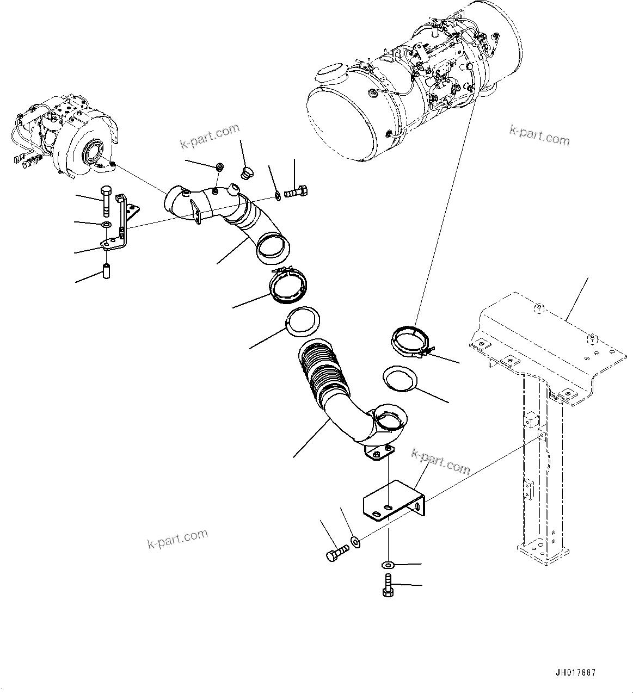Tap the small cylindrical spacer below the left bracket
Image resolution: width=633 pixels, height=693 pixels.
coord(107,270)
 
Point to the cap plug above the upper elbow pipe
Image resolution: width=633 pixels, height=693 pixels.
coord(245,173)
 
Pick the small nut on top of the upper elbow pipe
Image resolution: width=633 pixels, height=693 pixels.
coord(219,166)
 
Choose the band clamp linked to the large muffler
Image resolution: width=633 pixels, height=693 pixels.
coord(412,341)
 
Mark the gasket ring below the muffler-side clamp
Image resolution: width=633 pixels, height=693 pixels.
coord(400,379)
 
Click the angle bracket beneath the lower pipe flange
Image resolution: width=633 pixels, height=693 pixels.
coord(395,503)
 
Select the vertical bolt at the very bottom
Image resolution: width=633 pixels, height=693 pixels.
coord(388,585)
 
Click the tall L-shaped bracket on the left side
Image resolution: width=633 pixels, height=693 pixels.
coord(124,223)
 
